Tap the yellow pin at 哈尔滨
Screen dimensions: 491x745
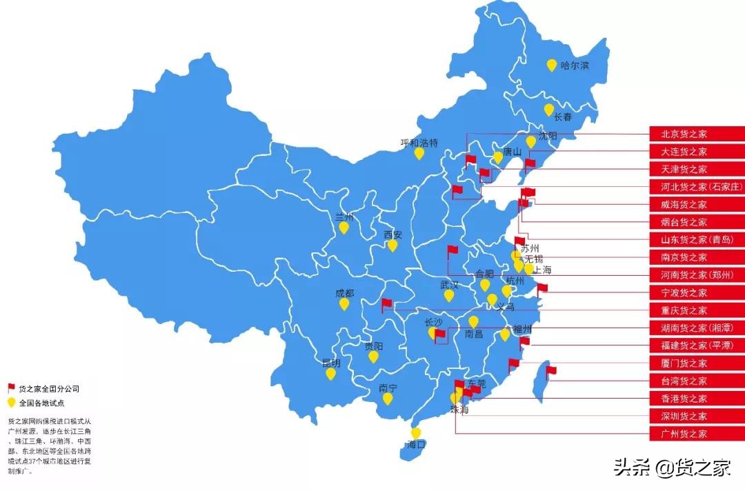552,66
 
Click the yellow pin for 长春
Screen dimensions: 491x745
549,110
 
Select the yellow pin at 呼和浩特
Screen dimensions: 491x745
419,153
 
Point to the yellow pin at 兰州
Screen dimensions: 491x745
344,227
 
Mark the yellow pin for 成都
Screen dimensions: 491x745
344,303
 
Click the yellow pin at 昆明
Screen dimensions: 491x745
331,374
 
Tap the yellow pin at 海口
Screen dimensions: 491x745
416,433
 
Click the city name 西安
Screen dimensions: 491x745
393,234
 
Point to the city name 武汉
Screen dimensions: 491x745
449,284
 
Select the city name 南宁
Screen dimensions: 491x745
388,388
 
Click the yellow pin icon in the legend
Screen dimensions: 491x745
11,402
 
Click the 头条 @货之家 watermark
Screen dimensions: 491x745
672,468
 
